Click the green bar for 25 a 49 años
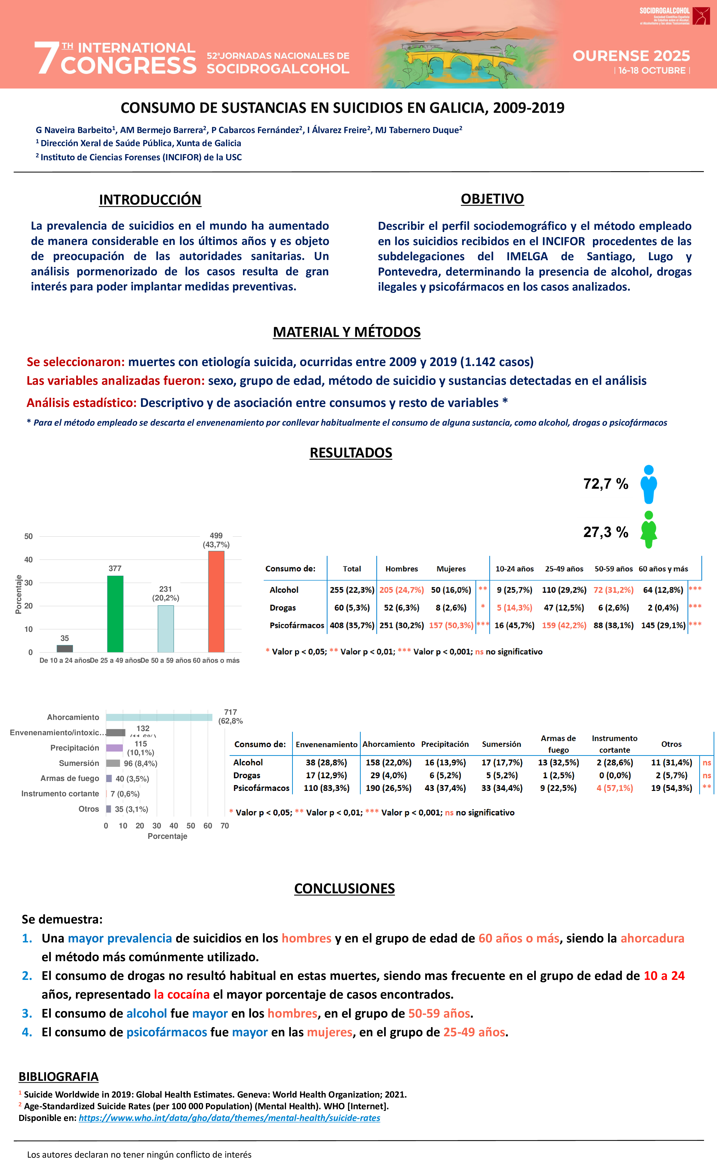[x=115, y=614]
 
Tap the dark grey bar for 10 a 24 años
[x=65, y=648]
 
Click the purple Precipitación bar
[x=114, y=748]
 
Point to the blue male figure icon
[x=648, y=484]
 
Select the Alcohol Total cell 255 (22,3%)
[x=352, y=590]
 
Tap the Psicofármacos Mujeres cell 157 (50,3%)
[x=451, y=625]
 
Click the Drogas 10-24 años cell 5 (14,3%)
[x=514, y=608]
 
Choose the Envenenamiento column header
[x=326, y=744]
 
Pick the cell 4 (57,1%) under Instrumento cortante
[x=615, y=788]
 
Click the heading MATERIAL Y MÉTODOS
[x=346, y=332]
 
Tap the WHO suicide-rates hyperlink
[x=229, y=1118]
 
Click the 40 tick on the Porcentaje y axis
[x=28, y=559]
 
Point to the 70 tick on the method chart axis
[x=224, y=826]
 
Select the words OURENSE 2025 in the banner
[x=631, y=56]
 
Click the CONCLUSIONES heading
[x=344, y=888]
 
